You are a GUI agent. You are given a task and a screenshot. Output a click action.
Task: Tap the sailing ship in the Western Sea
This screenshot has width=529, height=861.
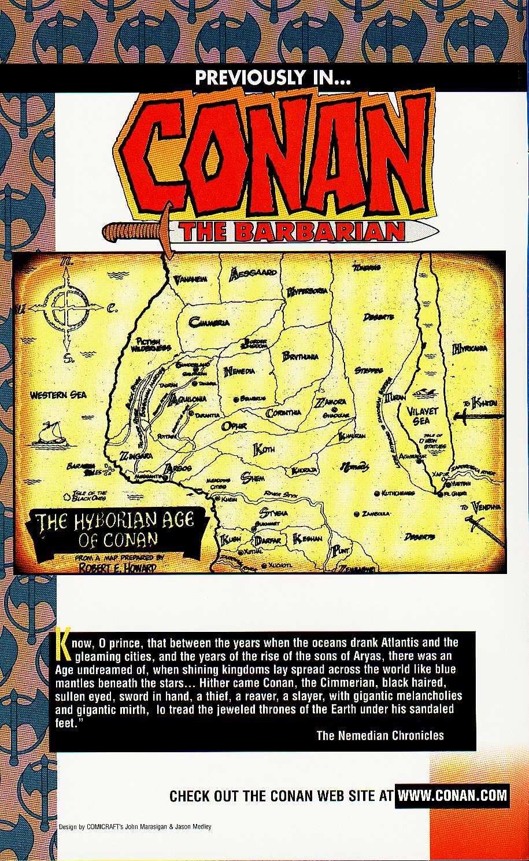tap(49, 434)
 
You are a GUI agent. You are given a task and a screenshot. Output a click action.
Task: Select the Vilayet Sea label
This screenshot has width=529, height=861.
tap(423, 416)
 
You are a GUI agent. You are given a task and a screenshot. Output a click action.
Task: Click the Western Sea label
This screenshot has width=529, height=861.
tap(58, 395)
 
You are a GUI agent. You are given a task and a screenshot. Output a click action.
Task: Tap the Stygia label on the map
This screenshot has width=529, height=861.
tap(273, 513)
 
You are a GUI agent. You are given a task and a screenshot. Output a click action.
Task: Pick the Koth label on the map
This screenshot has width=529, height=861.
tap(264, 448)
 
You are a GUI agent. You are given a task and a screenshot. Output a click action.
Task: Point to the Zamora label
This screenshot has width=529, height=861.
tap(331, 403)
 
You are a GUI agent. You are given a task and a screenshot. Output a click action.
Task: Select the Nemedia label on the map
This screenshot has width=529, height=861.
tap(239, 371)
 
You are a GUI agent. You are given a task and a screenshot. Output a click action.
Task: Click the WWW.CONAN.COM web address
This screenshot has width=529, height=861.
tap(452, 795)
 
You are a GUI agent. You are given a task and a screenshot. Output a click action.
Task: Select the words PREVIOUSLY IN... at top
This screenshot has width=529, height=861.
tap(273, 77)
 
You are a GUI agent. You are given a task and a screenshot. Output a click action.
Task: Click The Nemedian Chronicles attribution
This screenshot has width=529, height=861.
tap(380, 735)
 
